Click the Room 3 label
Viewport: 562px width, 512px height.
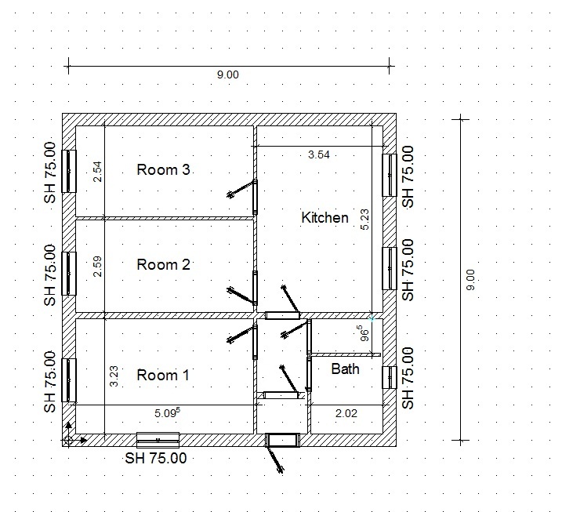(164, 169)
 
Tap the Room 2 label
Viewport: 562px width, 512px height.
(164, 264)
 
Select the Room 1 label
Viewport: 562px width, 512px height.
(163, 375)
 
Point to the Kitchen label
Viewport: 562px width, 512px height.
(325, 218)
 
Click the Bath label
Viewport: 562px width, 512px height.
(345, 369)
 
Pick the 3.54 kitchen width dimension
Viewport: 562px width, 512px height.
(319, 154)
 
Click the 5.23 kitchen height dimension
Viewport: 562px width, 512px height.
(364, 220)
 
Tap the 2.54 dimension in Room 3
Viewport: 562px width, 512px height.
(97, 172)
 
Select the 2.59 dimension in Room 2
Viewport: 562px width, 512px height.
(97, 266)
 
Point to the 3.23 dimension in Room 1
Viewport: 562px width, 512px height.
(114, 376)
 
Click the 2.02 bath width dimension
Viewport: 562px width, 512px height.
(346, 413)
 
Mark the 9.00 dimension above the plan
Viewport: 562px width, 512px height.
(227, 74)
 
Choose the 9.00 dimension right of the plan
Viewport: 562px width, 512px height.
(471, 280)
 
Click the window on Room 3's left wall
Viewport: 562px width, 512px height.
(69, 172)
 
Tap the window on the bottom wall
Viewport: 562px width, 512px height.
(158, 440)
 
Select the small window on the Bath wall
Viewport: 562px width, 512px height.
(390, 377)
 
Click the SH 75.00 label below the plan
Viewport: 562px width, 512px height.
(156, 458)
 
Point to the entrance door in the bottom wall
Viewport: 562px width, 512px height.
(282, 440)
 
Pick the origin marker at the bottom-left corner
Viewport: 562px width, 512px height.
(68, 440)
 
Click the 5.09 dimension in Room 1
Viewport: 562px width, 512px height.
(168, 412)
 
